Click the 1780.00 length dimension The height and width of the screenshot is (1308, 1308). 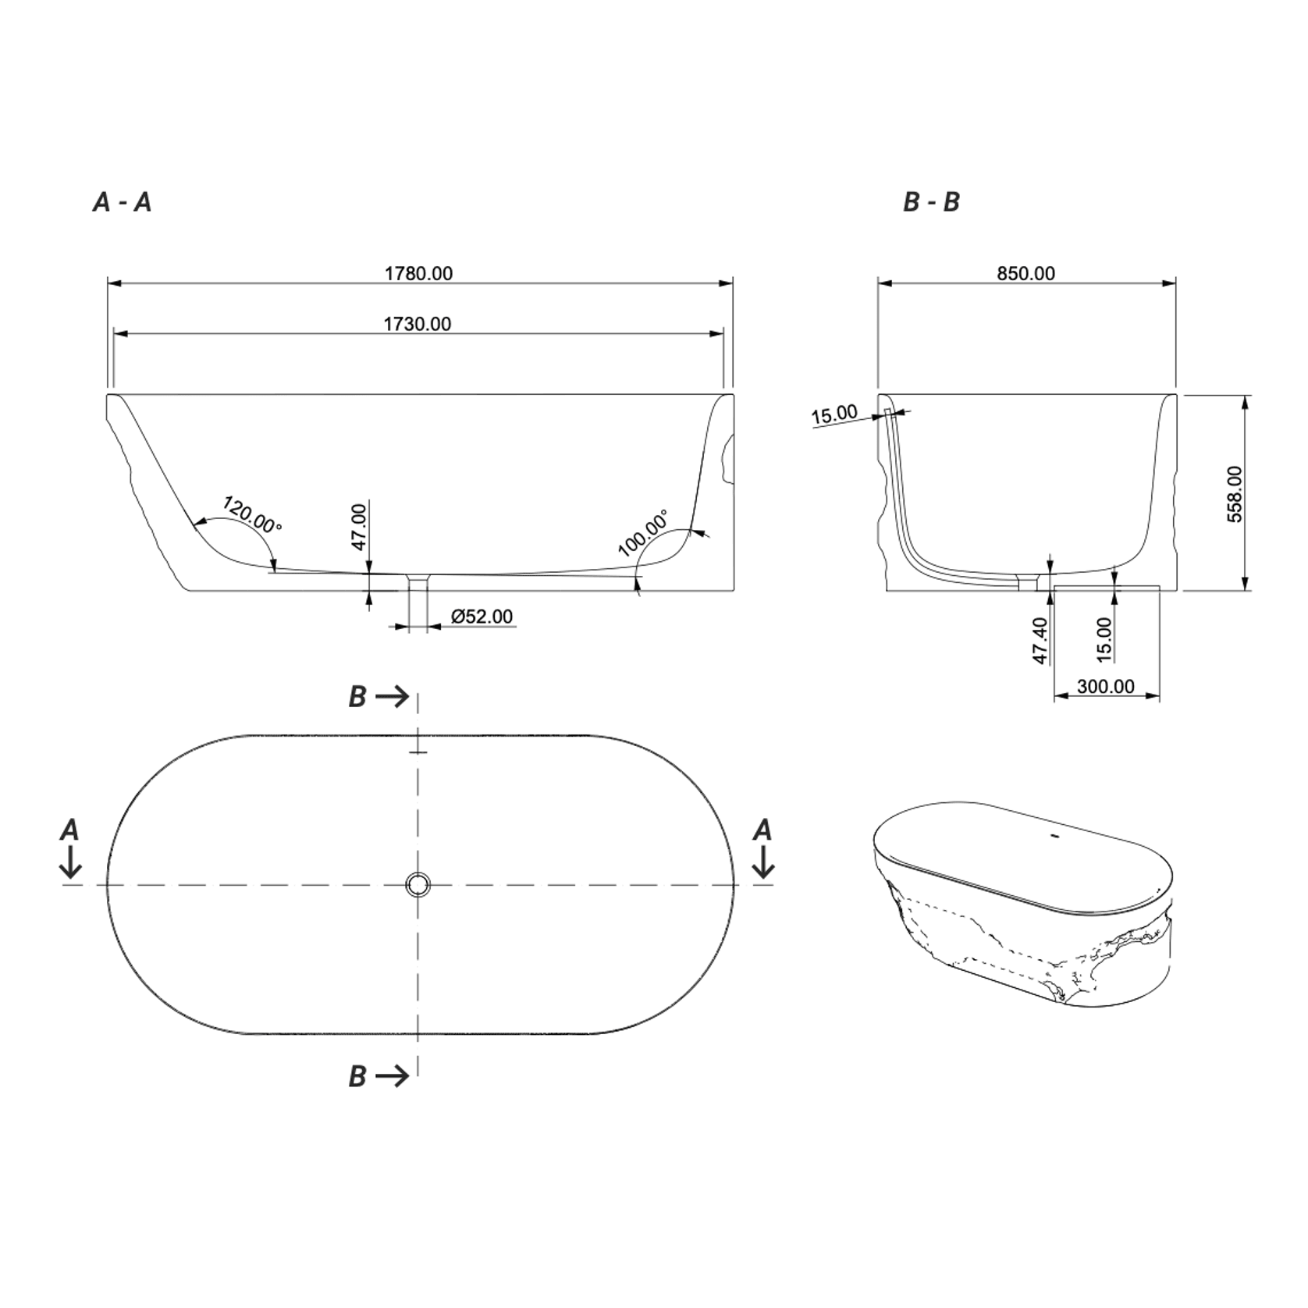click(x=418, y=273)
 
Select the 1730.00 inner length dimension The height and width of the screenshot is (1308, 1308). click(x=417, y=324)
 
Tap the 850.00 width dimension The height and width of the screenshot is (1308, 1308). click(x=1025, y=273)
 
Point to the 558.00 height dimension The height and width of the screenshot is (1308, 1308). click(x=1235, y=494)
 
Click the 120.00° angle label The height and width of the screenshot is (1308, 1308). click(x=252, y=515)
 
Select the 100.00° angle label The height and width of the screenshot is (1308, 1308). click(x=643, y=533)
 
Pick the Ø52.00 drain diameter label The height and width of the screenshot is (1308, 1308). click(x=482, y=617)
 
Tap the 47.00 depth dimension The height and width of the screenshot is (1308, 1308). click(x=359, y=527)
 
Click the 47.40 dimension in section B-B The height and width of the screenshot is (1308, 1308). click(x=1040, y=640)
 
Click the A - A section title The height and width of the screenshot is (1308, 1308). click(x=122, y=203)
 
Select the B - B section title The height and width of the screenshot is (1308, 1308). click(x=931, y=203)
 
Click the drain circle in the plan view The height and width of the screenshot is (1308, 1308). click(x=418, y=884)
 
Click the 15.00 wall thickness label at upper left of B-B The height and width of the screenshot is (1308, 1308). click(x=833, y=414)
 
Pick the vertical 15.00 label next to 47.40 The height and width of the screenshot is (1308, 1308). click(x=1104, y=640)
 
